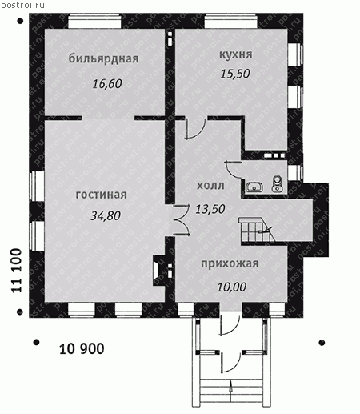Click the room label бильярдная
click(x=103, y=59)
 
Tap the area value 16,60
click(x=107, y=84)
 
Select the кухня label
click(x=236, y=54)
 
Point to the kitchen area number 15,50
click(x=235, y=74)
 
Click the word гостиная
click(x=102, y=195)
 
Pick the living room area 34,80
click(x=106, y=215)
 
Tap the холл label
click(x=210, y=186)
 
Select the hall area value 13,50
click(x=210, y=209)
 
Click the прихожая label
click(x=230, y=263)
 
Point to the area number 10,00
click(x=231, y=287)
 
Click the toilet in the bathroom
click(x=277, y=184)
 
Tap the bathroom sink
click(x=254, y=187)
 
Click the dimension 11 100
click(x=17, y=271)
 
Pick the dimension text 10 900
click(x=82, y=349)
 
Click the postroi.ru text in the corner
click(x=23, y=5)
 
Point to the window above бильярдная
click(x=94, y=22)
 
